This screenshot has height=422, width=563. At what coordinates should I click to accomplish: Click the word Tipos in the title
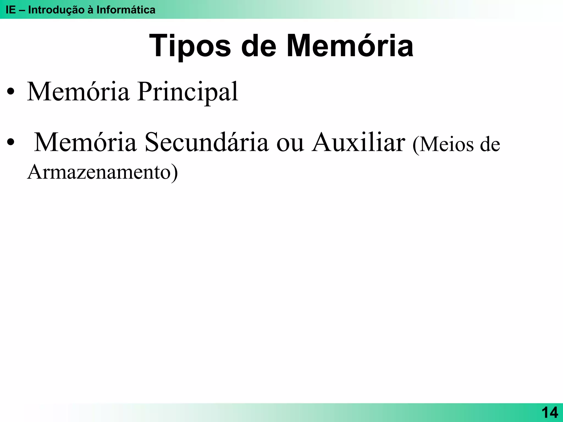tap(190, 46)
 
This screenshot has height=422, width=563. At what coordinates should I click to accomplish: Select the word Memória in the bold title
tap(350, 46)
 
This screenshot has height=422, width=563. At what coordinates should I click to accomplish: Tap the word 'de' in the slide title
tap(258, 46)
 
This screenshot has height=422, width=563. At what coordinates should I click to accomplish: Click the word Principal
tap(188, 92)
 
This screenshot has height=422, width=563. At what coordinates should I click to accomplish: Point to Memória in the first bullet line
tap(78, 91)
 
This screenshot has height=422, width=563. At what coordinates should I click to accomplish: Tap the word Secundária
tap(206, 142)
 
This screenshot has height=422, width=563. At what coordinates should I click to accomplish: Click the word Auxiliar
tap(358, 142)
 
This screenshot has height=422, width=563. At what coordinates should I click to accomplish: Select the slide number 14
tap(550, 413)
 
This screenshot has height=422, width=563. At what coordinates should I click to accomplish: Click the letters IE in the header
tap(11, 10)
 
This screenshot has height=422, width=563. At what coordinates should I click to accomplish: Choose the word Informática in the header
tap(126, 10)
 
